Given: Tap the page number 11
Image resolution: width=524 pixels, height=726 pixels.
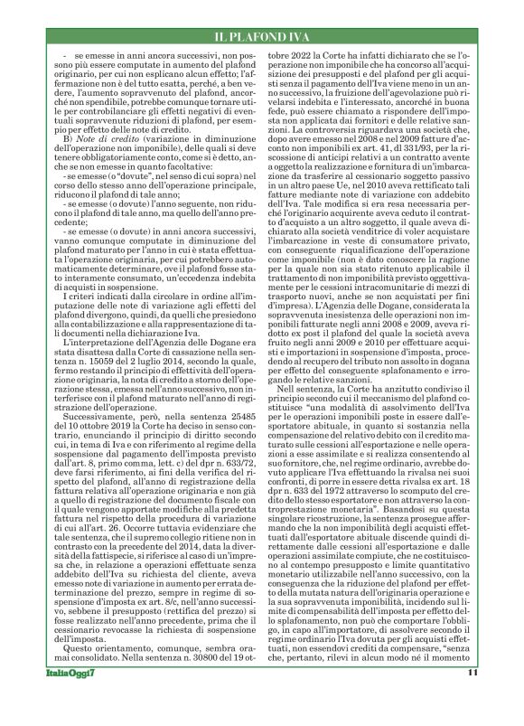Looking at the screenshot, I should (473, 697).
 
